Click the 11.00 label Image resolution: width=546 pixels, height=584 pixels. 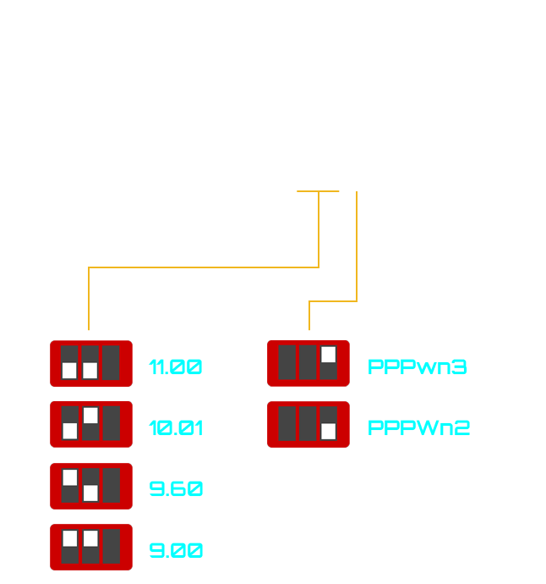tap(176, 367)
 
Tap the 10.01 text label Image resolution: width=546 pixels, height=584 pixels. tap(176, 428)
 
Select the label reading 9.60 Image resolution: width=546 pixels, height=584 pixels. tap(176, 489)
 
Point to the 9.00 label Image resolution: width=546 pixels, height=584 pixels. tap(176, 550)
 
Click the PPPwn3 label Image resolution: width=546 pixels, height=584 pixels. tap(418, 367)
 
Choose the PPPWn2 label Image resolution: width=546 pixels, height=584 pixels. tap(419, 428)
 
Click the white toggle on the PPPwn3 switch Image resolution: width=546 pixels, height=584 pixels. tap(329, 355)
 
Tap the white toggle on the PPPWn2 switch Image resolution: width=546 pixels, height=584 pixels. tap(329, 432)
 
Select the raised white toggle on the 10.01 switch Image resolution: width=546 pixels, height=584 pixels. tap(90, 415)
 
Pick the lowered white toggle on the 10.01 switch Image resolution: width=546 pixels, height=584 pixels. tap(69, 431)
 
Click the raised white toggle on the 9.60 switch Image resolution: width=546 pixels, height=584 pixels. tap(69, 477)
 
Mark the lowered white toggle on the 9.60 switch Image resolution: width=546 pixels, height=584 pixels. tap(90, 493)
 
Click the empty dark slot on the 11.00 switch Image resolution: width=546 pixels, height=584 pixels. tap(112, 363)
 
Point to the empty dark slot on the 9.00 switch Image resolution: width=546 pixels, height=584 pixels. tap(112, 547)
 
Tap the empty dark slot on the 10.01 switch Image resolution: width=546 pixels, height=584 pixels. tap(112, 423)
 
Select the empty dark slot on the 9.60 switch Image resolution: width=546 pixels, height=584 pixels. tap(112, 485)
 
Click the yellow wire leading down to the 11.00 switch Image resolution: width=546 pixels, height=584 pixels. tap(89, 300)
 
